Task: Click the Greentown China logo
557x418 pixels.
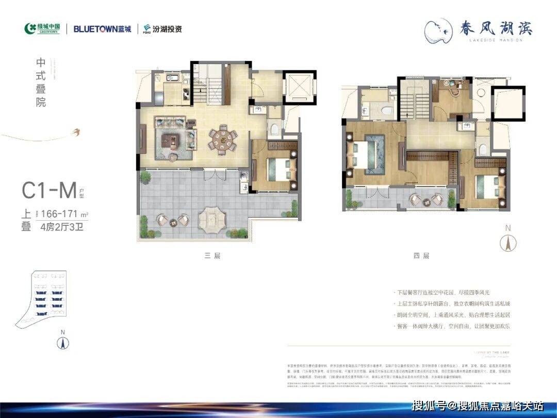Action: (42, 28)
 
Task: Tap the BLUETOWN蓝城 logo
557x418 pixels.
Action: (102, 29)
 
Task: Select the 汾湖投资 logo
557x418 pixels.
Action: (162, 29)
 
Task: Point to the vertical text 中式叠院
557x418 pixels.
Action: (41, 82)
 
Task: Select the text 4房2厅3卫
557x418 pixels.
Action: (61, 227)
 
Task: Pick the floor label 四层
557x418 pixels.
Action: (422, 255)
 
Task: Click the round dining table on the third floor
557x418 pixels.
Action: (223, 139)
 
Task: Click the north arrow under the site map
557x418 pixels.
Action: (63, 342)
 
